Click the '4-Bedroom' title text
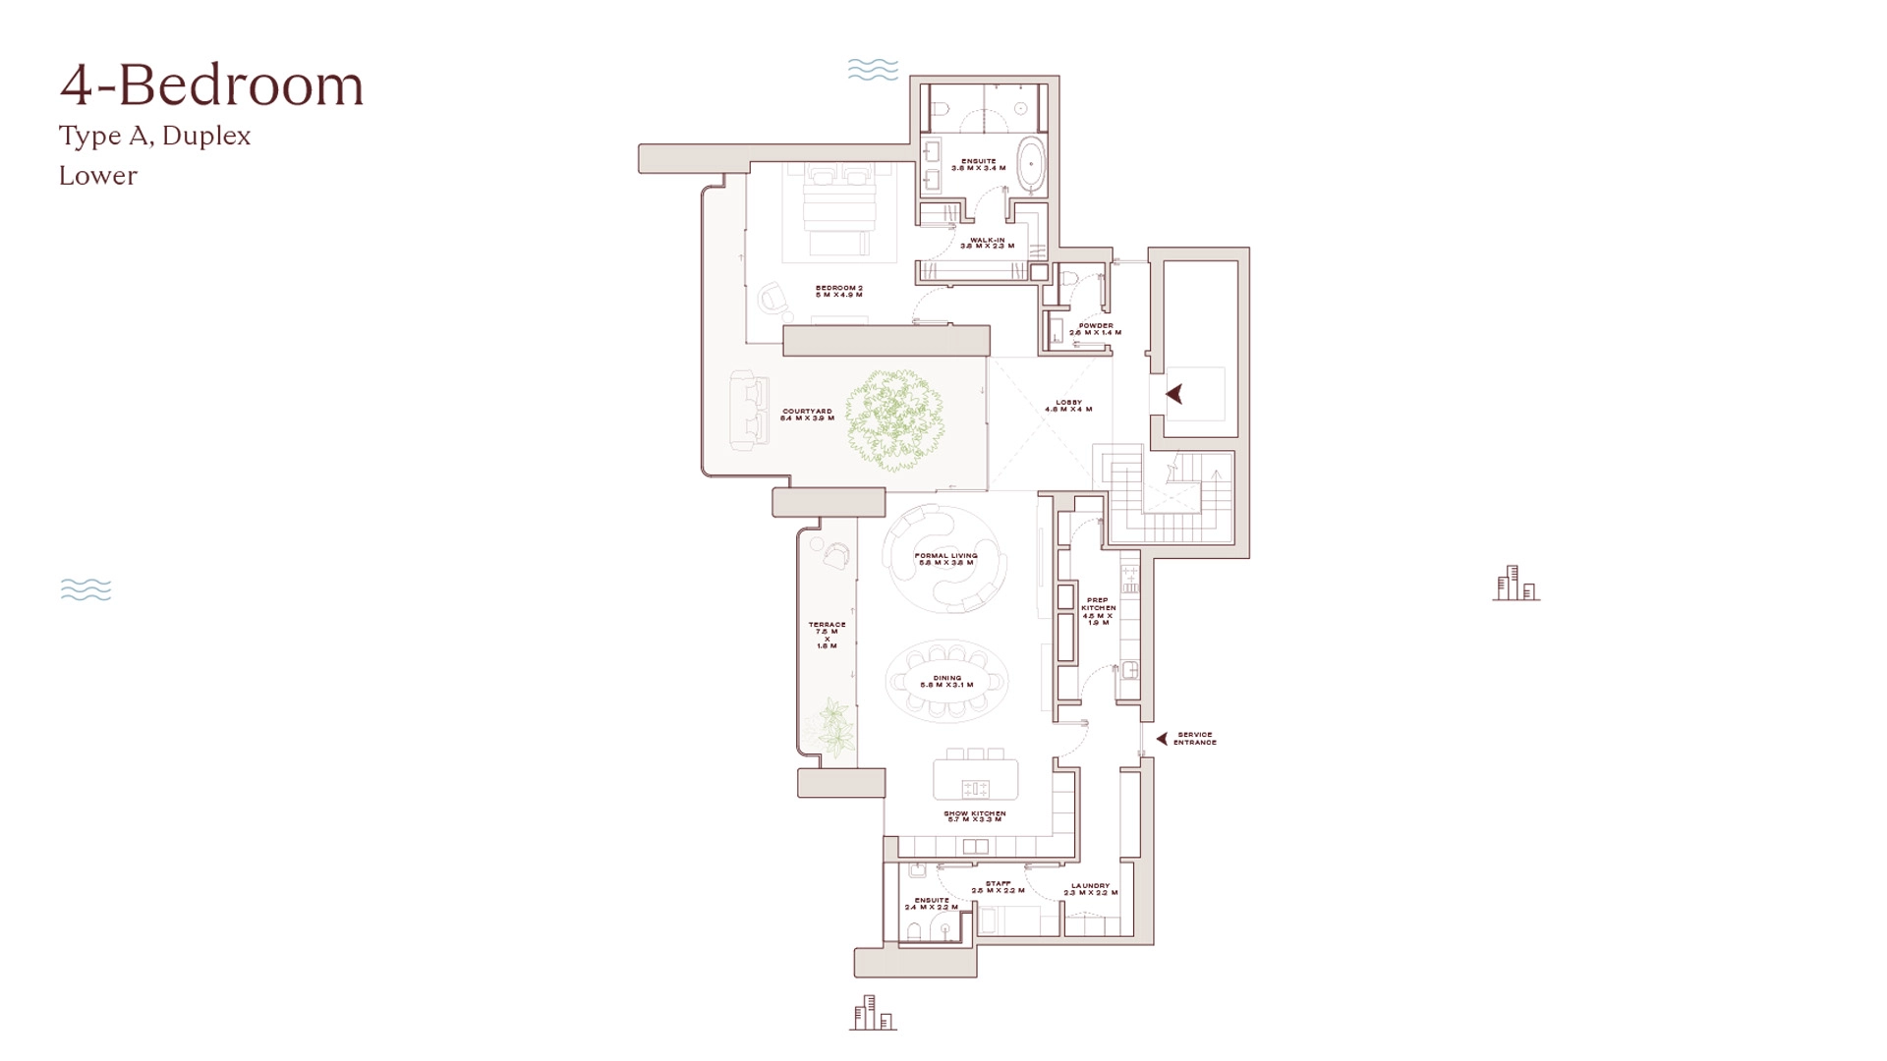(211, 85)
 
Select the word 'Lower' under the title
(98, 176)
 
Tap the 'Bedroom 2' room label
(838, 291)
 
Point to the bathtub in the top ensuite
(1031, 164)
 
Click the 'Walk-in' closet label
(987, 243)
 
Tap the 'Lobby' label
(1068, 405)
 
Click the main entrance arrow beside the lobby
(1173, 394)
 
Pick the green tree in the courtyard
(895, 417)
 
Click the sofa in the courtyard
(751, 409)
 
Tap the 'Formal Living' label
(945, 559)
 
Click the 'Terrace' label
(827, 635)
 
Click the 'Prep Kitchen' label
(1098, 611)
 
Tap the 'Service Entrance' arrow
(1162, 738)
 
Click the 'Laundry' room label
(1090, 889)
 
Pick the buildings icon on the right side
(1515, 584)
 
